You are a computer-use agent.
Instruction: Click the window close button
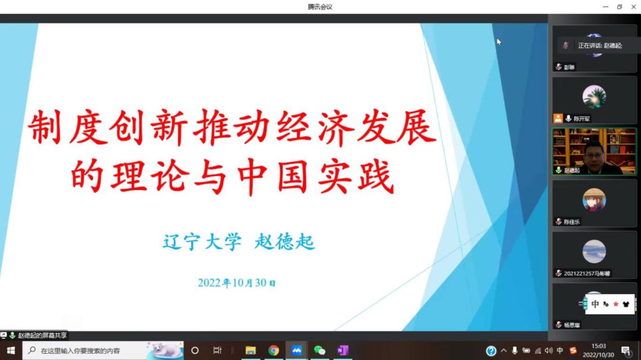tap(633, 7)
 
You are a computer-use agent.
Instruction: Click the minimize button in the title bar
tap(606, 7)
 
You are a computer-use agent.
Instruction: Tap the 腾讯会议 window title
tap(320, 7)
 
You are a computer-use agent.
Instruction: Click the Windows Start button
tap(11, 350)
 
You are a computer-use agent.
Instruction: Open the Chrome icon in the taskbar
tap(274, 350)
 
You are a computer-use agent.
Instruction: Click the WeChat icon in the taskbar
tap(320, 350)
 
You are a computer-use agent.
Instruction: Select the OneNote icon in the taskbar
tap(342, 350)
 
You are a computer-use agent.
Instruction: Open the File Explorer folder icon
tap(251, 350)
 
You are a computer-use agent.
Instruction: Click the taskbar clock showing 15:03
tap(599, 346)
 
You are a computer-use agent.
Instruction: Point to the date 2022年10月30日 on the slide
tap(237, 283)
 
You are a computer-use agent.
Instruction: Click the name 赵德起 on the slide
tap(285, 242)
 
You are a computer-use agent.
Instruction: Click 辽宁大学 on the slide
tap(202, 242)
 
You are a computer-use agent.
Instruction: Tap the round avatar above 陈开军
tap(594, 96)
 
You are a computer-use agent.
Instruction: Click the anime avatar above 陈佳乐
tap(594, 199)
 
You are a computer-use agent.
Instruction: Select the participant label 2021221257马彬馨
tap(587, 273)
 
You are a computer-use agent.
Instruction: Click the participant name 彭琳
tap(569, 67)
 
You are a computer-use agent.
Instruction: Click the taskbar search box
tap(103, 350)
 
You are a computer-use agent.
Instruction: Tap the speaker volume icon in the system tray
tap(549, 350)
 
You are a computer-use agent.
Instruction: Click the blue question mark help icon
tap(491, 350)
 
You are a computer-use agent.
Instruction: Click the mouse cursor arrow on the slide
tap(499, 42)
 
